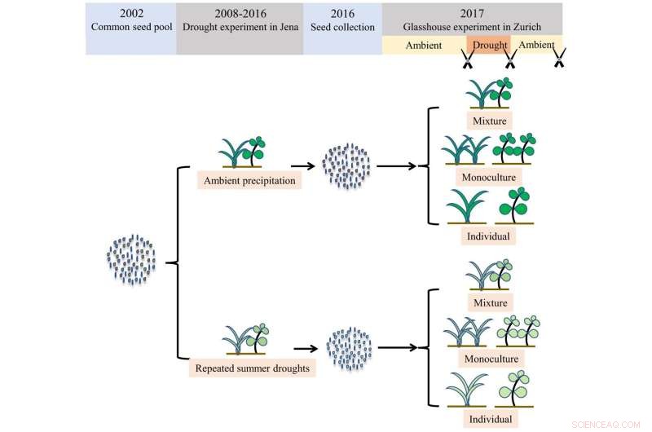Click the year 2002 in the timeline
[130, 14]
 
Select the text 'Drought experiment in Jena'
[240, 27]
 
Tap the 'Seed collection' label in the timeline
[342, 27]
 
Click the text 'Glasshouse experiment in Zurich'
[472, 27]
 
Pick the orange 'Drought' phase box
[488, 45]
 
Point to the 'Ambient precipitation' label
[250, 180]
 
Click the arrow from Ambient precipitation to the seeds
[303, 166]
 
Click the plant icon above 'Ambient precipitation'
[244, 152]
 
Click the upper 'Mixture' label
[490, 121]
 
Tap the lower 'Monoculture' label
[491, 359]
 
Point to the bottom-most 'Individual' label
[490, 419]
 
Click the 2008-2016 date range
[240, 14]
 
